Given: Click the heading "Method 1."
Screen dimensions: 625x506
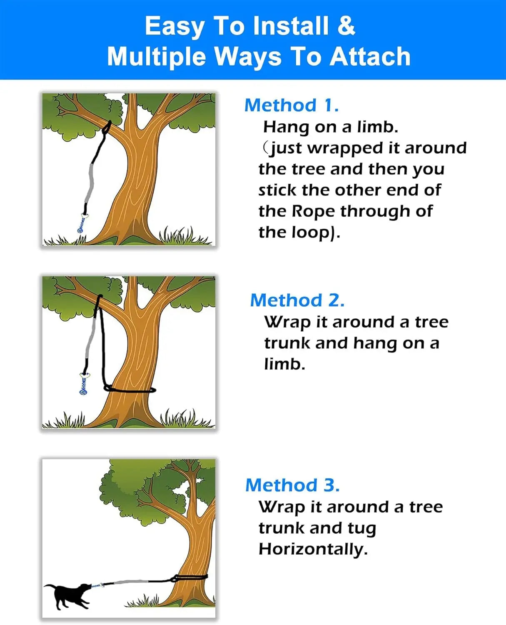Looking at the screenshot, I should [291, 105].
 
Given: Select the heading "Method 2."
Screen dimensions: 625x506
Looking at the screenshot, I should [297, 300].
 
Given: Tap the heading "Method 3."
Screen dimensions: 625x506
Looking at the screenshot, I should [292, 485].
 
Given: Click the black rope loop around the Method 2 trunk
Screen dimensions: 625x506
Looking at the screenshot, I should [130, 390].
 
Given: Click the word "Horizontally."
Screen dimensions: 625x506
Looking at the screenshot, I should [313, 549].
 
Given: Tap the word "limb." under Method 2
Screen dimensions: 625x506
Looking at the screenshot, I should [284, 364].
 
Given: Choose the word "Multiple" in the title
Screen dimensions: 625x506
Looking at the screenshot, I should [156, 57].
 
